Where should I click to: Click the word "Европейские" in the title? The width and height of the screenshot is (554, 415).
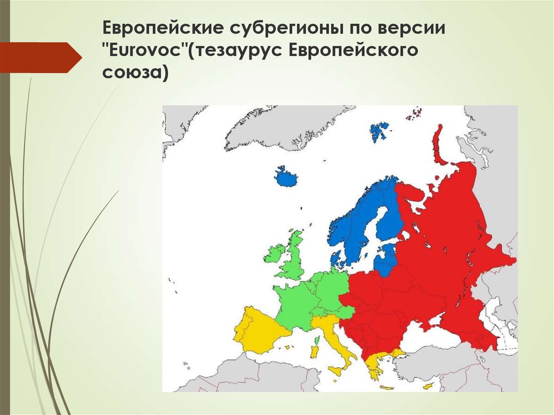point(163,28)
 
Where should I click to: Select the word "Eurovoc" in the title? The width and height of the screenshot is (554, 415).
point(145,50)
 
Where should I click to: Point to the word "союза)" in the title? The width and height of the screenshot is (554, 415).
point(136,72)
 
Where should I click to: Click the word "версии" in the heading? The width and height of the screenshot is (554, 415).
point(411,28)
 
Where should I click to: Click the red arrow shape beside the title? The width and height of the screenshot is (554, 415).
point(41,57)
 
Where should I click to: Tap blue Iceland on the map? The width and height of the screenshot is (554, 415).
point(286,176)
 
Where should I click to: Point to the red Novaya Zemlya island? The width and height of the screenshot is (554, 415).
point(439,145)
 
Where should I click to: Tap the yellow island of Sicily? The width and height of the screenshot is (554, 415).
point(337,371)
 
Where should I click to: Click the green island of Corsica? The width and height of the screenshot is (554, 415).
point(317,340)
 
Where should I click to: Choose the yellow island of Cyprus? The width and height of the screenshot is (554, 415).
point(428,386)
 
